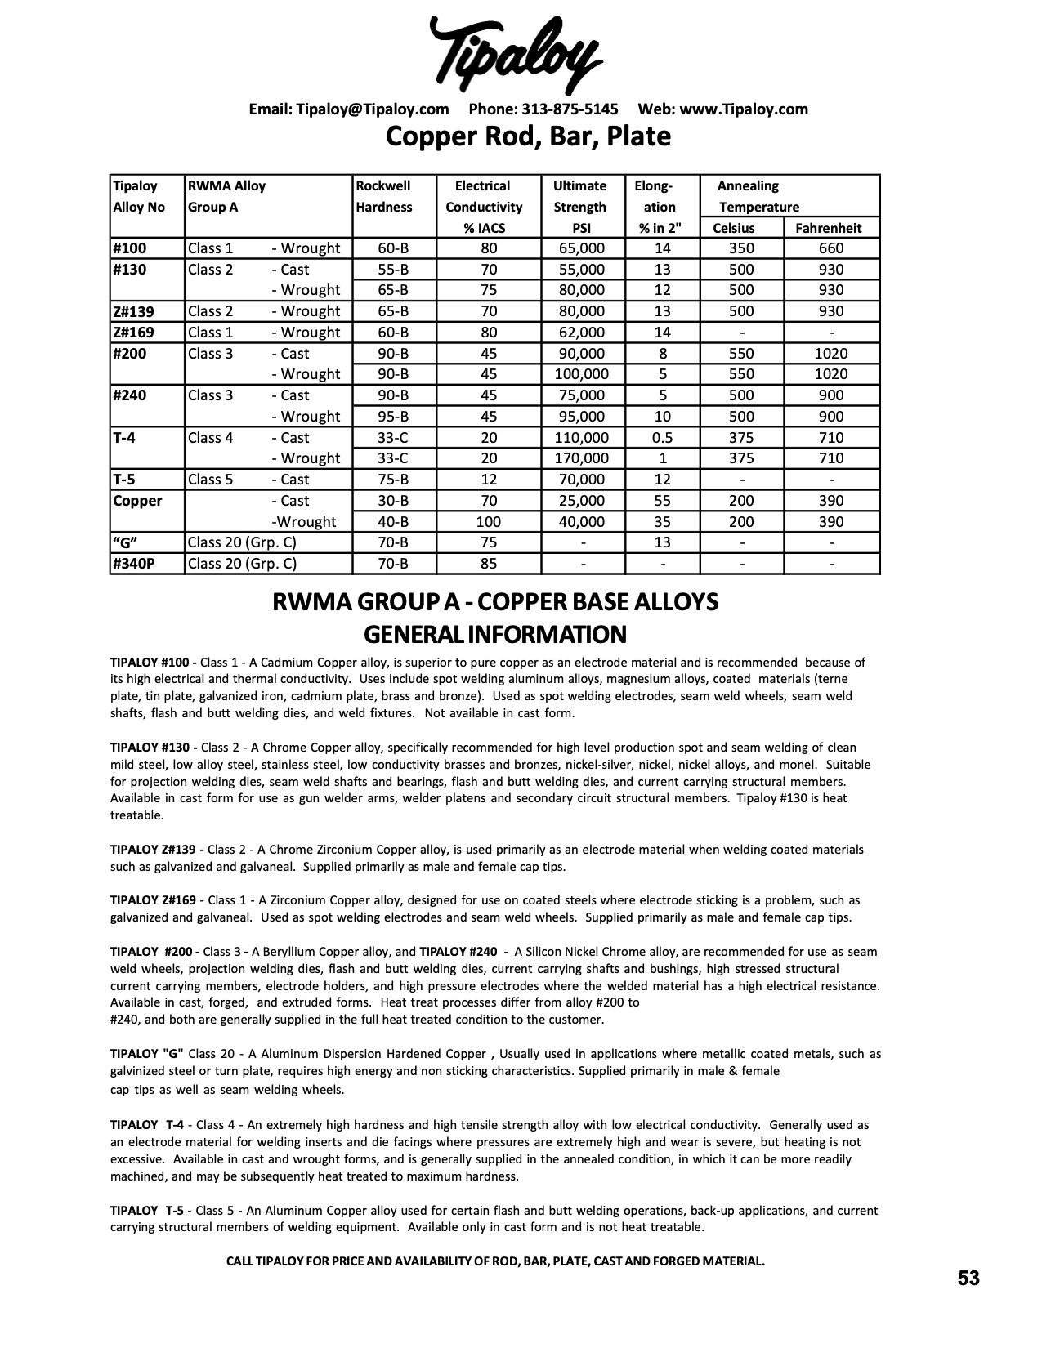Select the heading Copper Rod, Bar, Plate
(x=528, y=136)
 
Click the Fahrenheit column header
(x=828, y=228)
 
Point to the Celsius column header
(x=733, y=228)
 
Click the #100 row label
(x=131, y=248)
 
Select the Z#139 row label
(x=133, y=311)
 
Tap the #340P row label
(x=133, y=563)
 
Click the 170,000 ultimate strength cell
(x=580, y=458)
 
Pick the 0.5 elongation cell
(x=662, y=437)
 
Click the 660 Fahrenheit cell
(x=831, y=248)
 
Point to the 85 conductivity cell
(x=488, y=563)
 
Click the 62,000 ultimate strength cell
(x=580, y=333)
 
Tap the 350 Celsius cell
(x=740, y=248)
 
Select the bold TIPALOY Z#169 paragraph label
(x=153, y=900)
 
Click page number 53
(x=968, y=1278)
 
